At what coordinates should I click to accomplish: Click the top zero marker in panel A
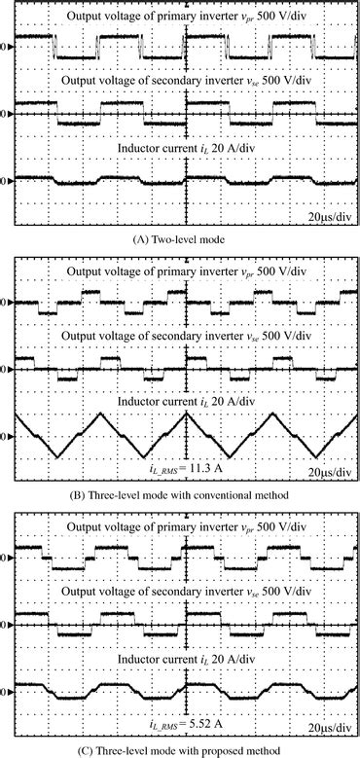tap(8, 45)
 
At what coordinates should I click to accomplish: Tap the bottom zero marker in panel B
tap(8, 435)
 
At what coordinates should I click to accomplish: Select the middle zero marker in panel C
tap(8, 622)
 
